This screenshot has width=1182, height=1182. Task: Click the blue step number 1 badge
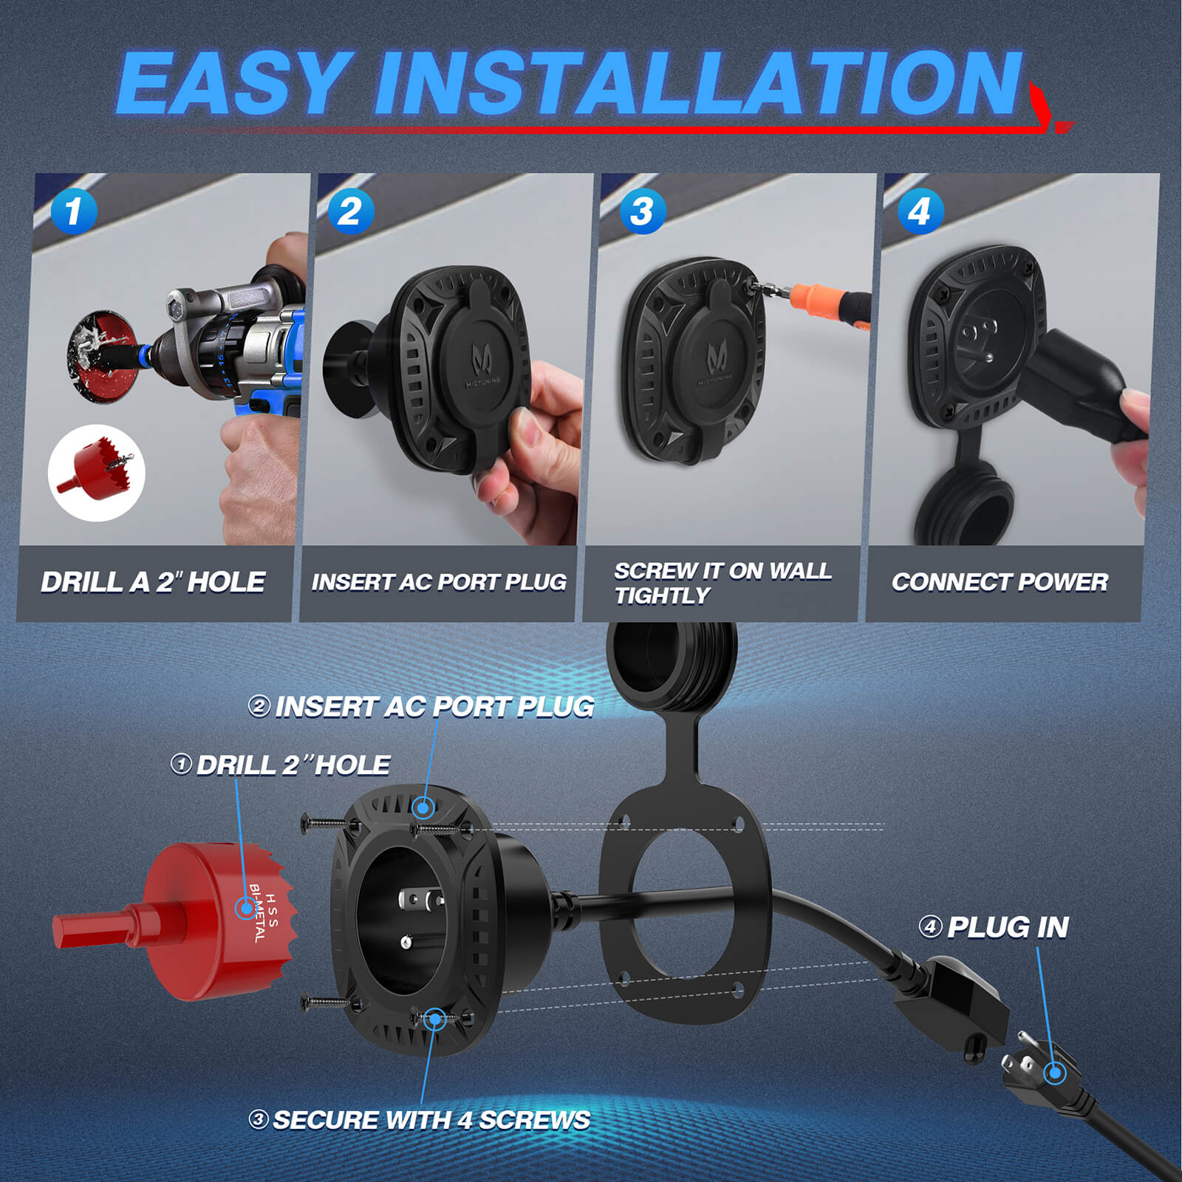[x=74, y=211]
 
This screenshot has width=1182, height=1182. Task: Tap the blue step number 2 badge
[x=350, y=211]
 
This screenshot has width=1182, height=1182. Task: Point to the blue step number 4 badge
[x=920, y=211]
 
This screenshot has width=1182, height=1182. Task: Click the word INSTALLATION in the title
[x=698, y=83]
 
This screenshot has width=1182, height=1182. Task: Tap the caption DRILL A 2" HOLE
[x=153, y=582]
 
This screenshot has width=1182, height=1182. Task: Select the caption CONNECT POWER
[x=1000, y=582]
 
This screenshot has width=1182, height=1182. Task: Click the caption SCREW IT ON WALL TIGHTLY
[x=722, y=583]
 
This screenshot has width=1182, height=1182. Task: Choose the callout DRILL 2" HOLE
[x=293, y=765]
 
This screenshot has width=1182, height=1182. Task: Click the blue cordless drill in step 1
[x=244, y=340]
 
